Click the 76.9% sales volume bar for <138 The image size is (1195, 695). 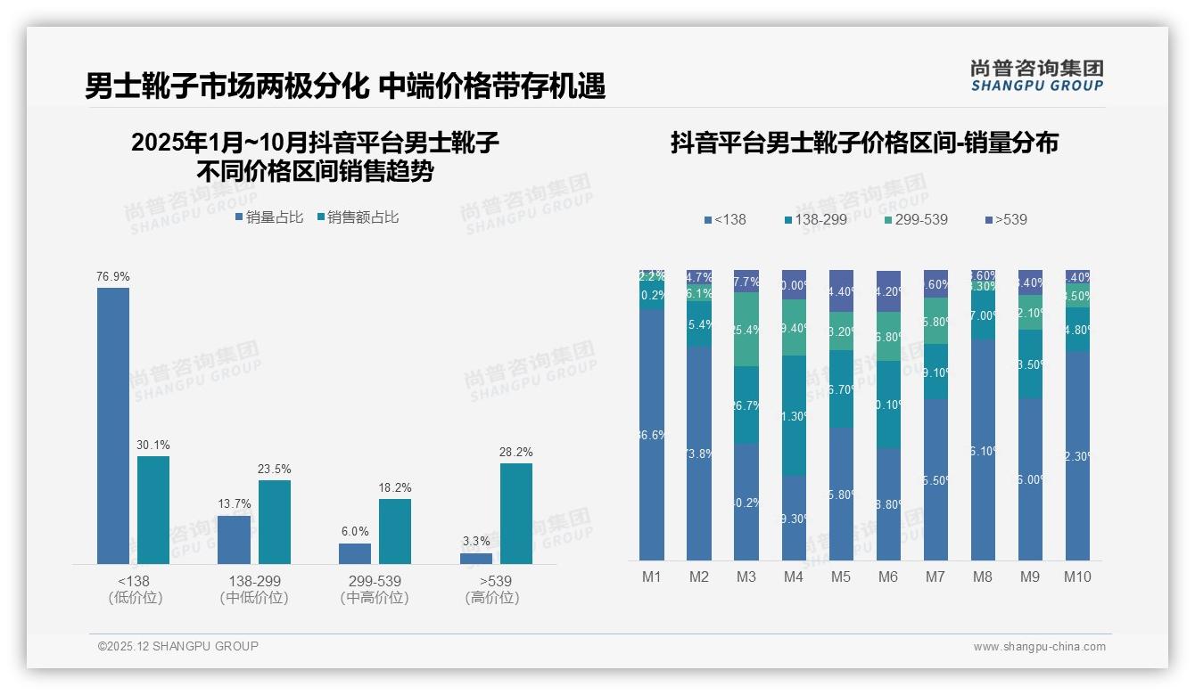coord(113,425)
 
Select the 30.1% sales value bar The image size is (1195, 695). coord(153,510)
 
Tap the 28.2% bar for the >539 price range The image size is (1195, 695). coord(515,513)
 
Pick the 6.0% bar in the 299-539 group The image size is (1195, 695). coord(355,553)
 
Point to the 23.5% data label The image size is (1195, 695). coord(274,469)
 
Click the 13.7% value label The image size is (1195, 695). coord(234,503)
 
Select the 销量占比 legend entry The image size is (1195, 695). coord(269,217)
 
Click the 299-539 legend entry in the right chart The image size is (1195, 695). coord(916,219)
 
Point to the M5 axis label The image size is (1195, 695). coord(841,576)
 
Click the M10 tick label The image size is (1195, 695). coord(1077,576)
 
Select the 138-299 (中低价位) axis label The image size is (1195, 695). coord(254,589)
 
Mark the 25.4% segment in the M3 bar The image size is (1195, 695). coord(746,329)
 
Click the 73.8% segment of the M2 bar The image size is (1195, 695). coord(699,454)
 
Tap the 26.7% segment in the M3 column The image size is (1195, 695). coord(746,405)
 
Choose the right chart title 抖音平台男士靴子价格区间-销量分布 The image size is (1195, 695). coord(864,143)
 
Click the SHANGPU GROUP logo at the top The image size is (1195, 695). coord(1036,76)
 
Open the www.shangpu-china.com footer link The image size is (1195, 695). coord(1039,647)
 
